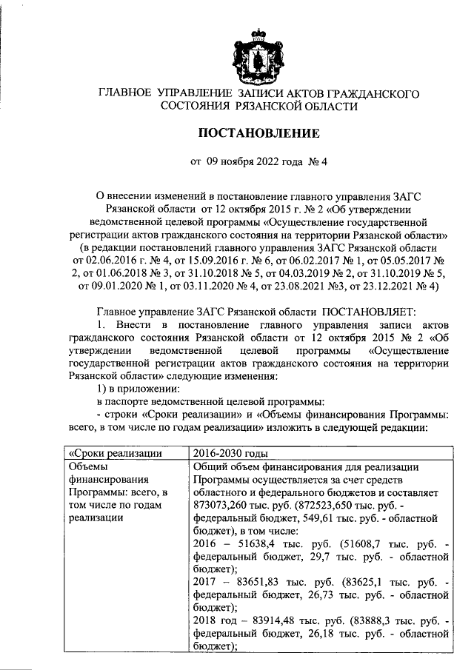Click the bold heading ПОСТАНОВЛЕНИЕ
point(258,134)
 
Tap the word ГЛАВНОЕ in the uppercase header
point(123,93)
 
